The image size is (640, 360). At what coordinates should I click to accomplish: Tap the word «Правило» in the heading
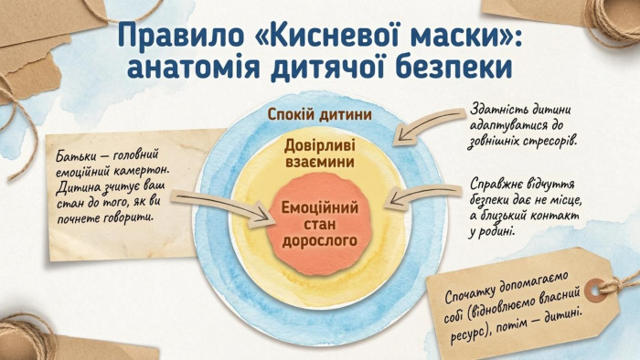[180, 37]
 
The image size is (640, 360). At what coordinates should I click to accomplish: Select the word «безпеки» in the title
[454, 68]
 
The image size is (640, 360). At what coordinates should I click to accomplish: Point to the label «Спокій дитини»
[320, 114]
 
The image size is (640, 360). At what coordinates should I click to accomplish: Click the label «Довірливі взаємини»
[320, 154]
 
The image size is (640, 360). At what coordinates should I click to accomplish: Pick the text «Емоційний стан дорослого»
[320, 224]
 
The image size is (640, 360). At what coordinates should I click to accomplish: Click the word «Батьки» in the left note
[75, 156]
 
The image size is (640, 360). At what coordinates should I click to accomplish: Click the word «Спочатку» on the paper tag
[467, 294]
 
